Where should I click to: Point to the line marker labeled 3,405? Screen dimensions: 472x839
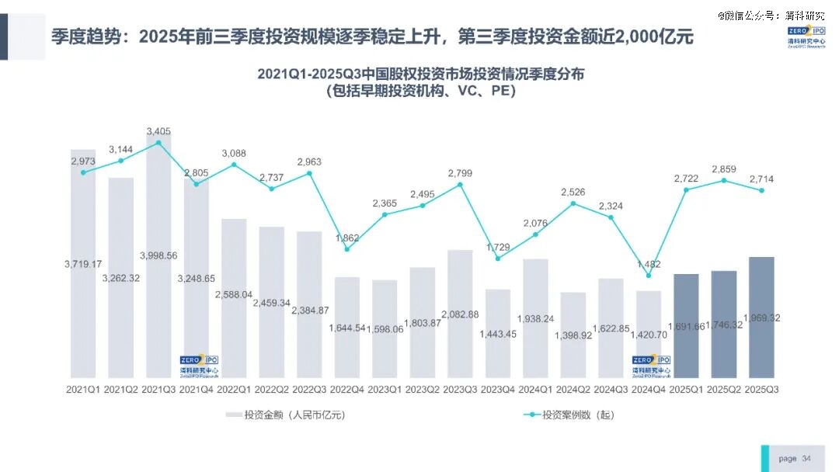158,143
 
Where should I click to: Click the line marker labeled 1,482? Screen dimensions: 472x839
649,276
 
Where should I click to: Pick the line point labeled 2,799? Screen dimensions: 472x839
460,185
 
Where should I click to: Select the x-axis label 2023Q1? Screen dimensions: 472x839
385,387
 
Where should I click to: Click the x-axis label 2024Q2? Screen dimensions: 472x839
573,387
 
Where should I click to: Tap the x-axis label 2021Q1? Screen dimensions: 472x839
83,387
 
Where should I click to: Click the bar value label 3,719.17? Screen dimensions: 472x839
83,265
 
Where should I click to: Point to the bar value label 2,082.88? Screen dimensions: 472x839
460,314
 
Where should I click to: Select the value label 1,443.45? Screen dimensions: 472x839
498,334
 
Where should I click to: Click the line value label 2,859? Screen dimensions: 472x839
724,168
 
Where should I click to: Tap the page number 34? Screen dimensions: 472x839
806,458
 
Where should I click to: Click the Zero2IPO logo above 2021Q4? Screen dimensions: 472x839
197,365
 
